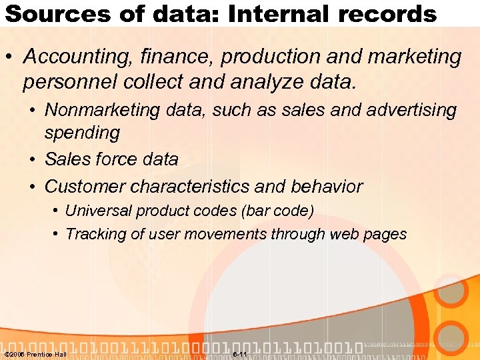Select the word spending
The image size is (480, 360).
coord(82,133)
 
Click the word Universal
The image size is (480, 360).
coord(99,211)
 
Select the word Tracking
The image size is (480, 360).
coord(94,234)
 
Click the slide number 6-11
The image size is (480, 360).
coord(240,353)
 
